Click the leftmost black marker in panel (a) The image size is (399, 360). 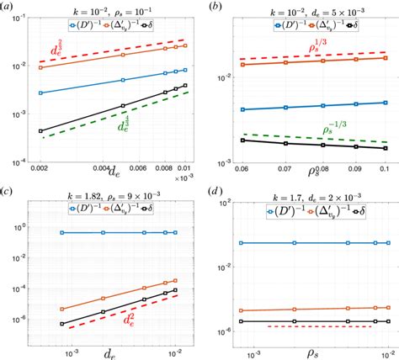click(x=40, y=131)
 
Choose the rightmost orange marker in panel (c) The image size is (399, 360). click(x=175, y=280)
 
